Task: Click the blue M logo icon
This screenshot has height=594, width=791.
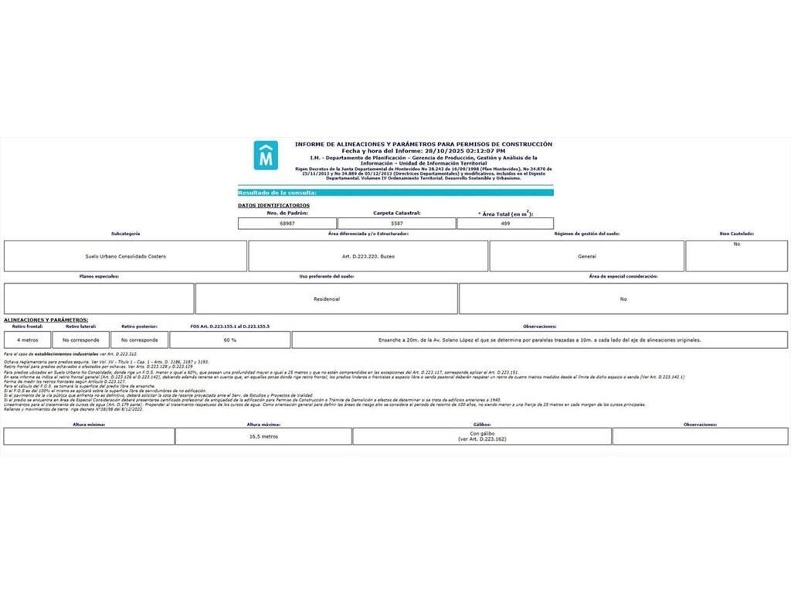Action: pyautogui.click(x=266, y=155)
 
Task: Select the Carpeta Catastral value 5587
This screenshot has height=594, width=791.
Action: pyautogui.click(x=397, y=224)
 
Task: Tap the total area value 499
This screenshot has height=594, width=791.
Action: pyautogui.click(x=506, y=224)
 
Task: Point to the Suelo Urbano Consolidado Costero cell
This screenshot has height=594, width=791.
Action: pyautogui.click(x=126, y=256)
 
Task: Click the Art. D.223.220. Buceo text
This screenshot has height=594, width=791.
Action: pyautogui.click(x=368, y=256)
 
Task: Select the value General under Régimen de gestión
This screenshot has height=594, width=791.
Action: pyautogui.click(x=586, y=256)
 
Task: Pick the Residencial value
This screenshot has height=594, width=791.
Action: pyautogui.click(x=327, y=299)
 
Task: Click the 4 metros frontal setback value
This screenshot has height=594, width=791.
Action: pyautogui.click(x=27, y=340)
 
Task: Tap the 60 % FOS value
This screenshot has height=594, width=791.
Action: pyautogui.click(x=229, y=340)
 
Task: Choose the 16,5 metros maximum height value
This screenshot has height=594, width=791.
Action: pyautogui.click(x=263, y=436)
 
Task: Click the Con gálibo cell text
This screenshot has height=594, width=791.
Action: pyautogui.click(x=481, y=436)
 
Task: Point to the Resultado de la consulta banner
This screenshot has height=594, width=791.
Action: pyautogui.click(x=277, y=193)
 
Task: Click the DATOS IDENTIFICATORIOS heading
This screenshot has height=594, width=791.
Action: pyautogui.click(x=273, y=206)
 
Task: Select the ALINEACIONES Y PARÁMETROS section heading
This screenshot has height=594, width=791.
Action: pyautogui.click(x=46, y=319)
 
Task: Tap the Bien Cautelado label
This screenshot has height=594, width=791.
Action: pyautogui.click(x=736, y=234)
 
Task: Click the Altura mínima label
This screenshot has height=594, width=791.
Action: pyautogui.click(x=89, y=425)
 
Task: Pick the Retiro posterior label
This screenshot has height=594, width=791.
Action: pyautogui.click(x=139, y=326)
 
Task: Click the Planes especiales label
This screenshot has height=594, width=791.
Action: pyautogui.click(x=99, y=276)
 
